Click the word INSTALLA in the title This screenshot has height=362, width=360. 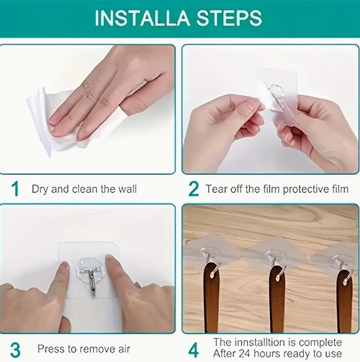click(142, 18)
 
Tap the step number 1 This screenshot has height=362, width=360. click(15, 189)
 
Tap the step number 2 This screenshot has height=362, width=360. click(193, 189)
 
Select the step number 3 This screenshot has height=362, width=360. click(15, 350)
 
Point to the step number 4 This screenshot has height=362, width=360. click(193, 350)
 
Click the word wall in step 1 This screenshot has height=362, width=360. click(128, 189)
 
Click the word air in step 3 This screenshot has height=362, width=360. click(124, 349)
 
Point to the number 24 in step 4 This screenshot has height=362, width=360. click(244, 353)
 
